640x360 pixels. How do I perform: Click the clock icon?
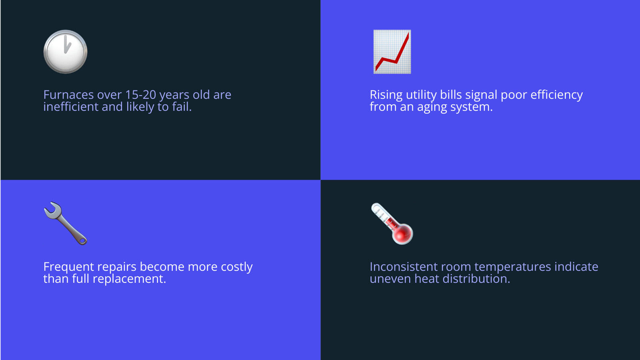[65, 52]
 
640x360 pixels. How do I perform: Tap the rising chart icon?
[392, 52]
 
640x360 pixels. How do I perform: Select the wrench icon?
[65, 223]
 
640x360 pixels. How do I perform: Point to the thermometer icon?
[392, 223]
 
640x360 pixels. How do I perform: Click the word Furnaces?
[68, 95]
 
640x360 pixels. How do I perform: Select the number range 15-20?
[140, 95]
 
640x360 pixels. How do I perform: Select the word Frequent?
[68, 267]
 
